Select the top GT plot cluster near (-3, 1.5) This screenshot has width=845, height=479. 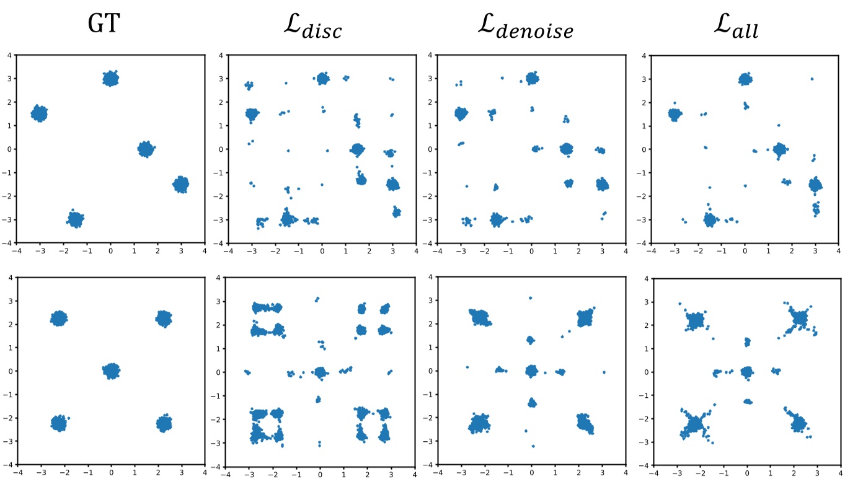click(39, 113)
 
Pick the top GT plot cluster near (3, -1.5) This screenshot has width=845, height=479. click(181, 184)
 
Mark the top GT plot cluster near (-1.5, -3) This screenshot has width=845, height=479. click(76, 219)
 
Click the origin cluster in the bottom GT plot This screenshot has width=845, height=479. click(111, 371)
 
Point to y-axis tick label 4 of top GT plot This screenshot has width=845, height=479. click(11, 56)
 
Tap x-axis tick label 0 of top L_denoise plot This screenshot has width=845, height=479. click(531, 251)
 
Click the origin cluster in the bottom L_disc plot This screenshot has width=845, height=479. click(320, 372)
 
